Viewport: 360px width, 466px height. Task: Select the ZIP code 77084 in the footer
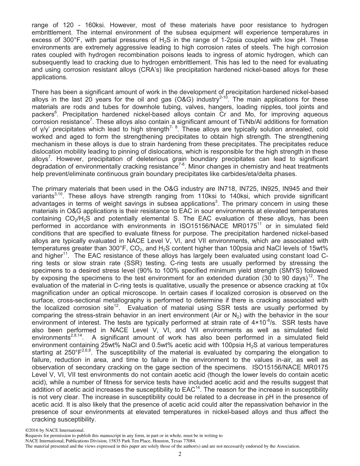[189, 441]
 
